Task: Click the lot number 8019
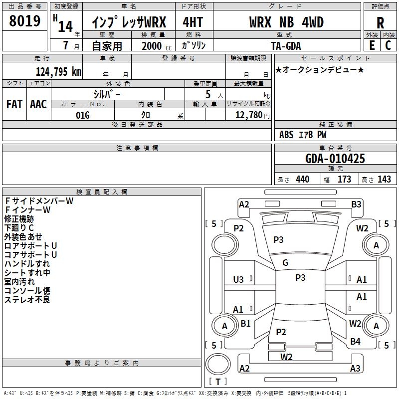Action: click(24, 21)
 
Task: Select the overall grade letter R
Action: click(380, 23)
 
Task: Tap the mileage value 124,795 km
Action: click(58, 71)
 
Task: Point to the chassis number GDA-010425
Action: click(335, 159)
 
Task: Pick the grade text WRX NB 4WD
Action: click(286, 22)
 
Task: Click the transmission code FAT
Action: click(14, 104)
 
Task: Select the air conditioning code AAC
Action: click(38, 104)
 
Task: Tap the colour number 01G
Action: click(82, 115)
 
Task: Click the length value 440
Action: click(302, 180)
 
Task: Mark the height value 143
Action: click(384, 180)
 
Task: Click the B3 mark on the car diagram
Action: click(356, 204)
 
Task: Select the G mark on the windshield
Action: click(285, 263)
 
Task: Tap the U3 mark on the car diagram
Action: click(238, 280)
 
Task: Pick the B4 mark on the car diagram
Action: click(355, 342)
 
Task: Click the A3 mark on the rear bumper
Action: click(355, 368)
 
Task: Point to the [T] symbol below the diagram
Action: click(217, 382)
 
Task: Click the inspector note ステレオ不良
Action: click(27, 300)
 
